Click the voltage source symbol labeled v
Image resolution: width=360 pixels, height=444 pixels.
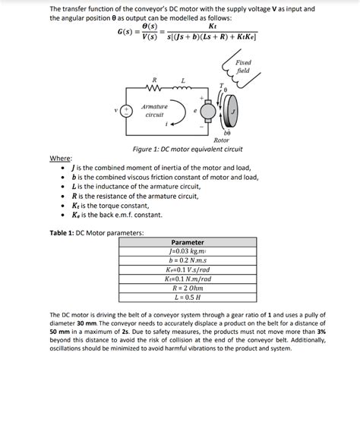(127, 109)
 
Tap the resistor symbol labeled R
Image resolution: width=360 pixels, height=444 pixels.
(155, 88)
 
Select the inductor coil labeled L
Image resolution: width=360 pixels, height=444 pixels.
(184, 88)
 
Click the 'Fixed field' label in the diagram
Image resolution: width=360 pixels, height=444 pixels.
(242, 66)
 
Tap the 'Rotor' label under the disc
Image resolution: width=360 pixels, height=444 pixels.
(221, 140)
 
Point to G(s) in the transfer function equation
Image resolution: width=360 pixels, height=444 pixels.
(128, 32)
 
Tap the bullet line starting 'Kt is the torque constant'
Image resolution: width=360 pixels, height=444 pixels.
(113, 205)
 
